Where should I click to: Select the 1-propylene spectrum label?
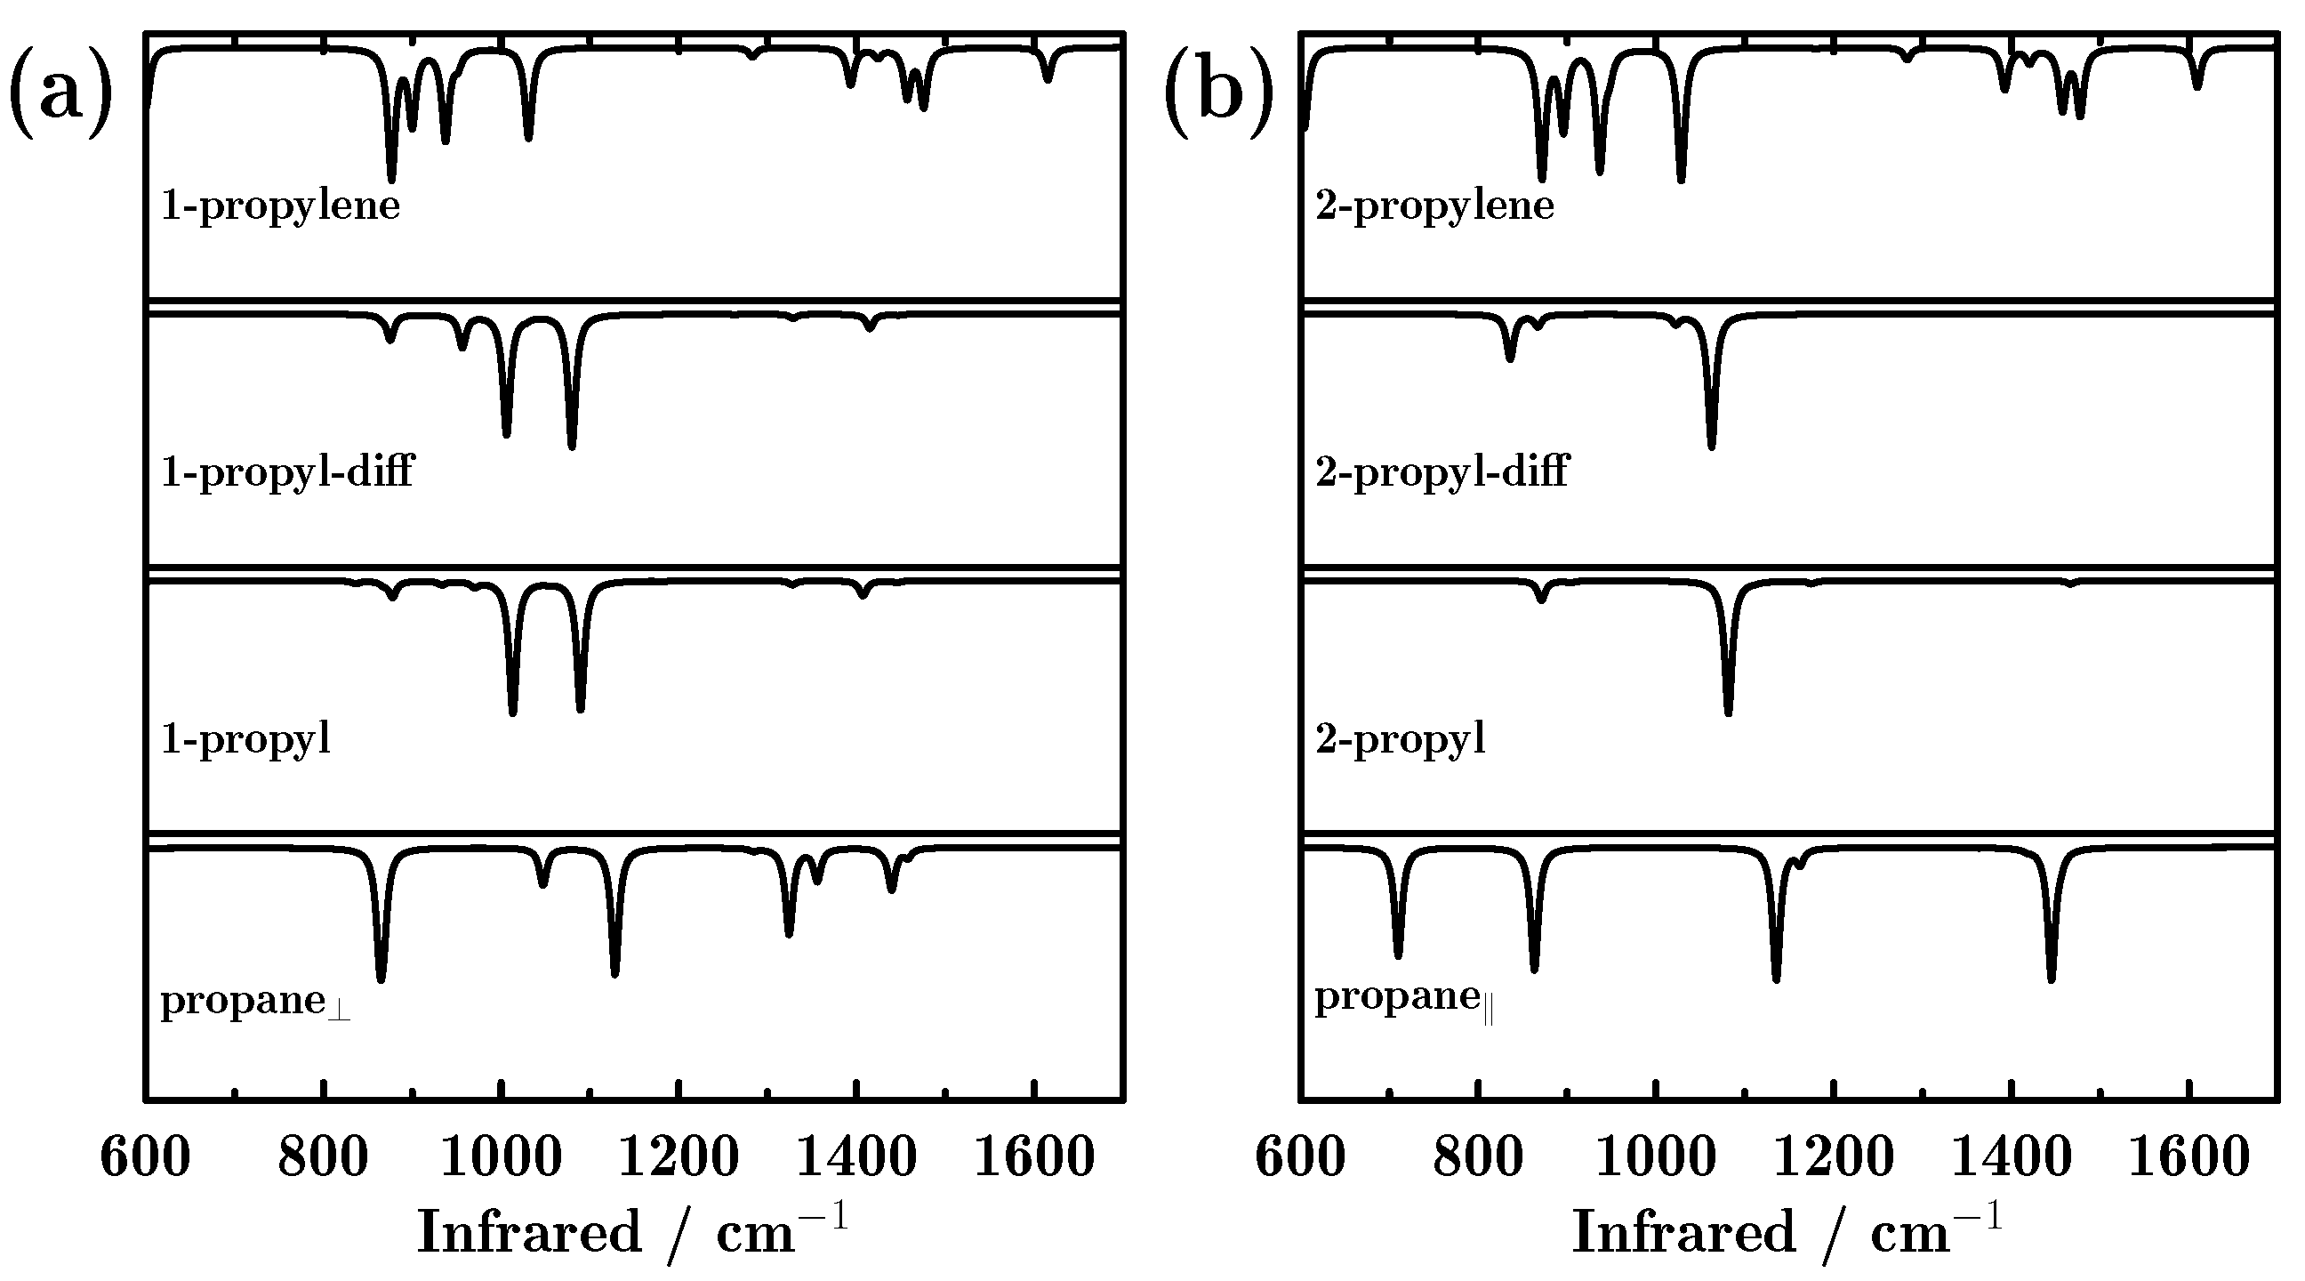click(280, 206)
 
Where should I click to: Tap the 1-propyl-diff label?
click(287, 471)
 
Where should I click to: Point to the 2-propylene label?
click(1434, 206)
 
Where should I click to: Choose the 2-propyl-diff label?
click(1442, 471)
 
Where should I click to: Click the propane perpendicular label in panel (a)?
click(255, 1002)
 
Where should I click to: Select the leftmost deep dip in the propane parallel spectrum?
click(1398, 954)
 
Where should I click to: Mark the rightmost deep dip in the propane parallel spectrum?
click(2051, 978)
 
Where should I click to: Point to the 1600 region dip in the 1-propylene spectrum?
click(1048, 79)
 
